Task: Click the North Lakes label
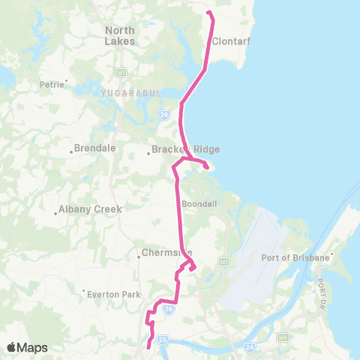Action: click(120, 35)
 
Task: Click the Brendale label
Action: click(97, 148)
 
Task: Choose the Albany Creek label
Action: click(87, 209)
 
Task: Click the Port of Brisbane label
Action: click(295, 258)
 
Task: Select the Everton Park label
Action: click(112, 293)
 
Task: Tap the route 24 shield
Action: click(249, 347)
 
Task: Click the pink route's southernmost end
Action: click(148, 347)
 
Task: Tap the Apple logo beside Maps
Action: click(12, 347)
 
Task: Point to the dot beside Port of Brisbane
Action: click(333, 258)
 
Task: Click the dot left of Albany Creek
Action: click(55, 211)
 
